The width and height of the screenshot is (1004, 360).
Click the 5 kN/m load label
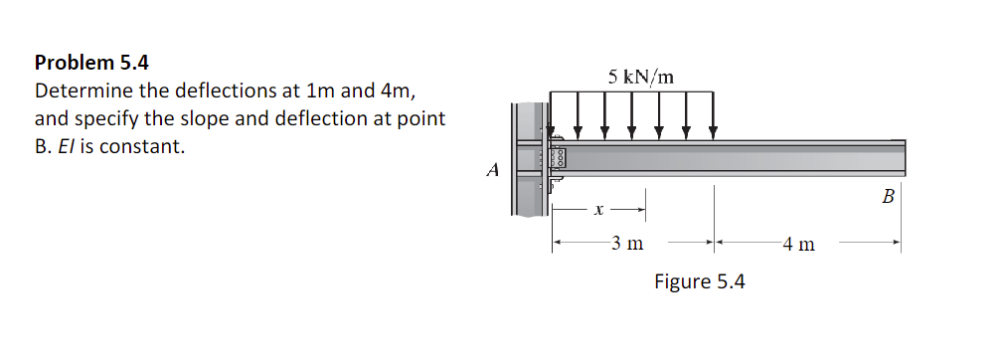point(640,76)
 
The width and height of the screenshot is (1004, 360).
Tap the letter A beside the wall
point(492,170)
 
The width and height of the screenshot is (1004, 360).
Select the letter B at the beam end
point(888,197)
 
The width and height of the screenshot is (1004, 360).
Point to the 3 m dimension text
point(626,243)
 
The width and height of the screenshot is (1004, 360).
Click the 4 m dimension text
point(798,243)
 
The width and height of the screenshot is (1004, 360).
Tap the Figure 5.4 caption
point(699,281)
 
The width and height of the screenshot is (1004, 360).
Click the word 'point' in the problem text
point(422,119)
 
